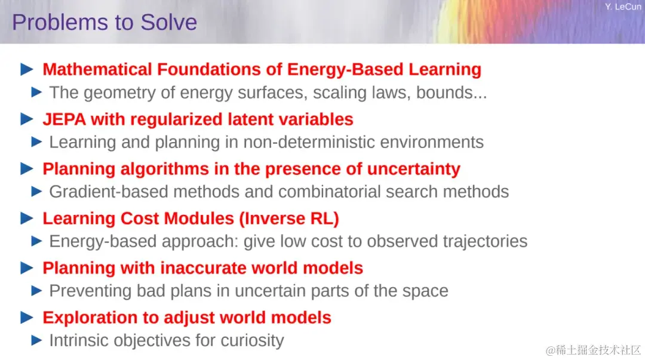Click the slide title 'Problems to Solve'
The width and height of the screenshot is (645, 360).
pos(105,22)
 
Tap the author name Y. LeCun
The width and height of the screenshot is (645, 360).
pos(623,7)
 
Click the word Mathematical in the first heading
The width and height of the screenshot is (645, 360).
pos(97,69)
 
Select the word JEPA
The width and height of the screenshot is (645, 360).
pos(64,119)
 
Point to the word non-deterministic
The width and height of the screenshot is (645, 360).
pos(309,142)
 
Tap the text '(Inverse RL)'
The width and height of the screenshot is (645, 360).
pos(289,219)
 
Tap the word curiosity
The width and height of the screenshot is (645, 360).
pos(252,341)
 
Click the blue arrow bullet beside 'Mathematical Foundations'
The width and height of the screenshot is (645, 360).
pos(27,69)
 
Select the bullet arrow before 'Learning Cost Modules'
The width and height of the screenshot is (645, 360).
pos(27,218)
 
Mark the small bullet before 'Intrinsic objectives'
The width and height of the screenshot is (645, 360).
pos(36,340)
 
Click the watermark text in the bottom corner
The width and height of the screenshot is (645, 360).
pos(593,350)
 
